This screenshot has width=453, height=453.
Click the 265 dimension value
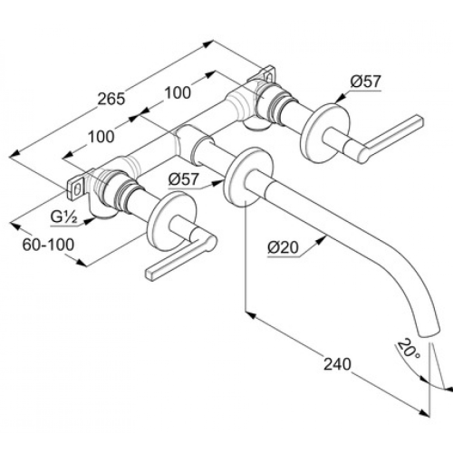(111, 99)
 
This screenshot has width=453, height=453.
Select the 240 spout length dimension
(337, 364)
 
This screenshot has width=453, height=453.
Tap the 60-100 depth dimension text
(48, 245)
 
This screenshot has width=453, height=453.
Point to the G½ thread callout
(63, 217)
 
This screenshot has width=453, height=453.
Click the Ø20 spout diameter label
(283, 248)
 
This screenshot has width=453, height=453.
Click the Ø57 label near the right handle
(366, 82)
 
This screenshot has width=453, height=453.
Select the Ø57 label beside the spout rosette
(184, 179)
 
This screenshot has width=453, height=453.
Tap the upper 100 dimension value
(178, 92)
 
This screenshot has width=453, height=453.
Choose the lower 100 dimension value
(101, 137)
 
